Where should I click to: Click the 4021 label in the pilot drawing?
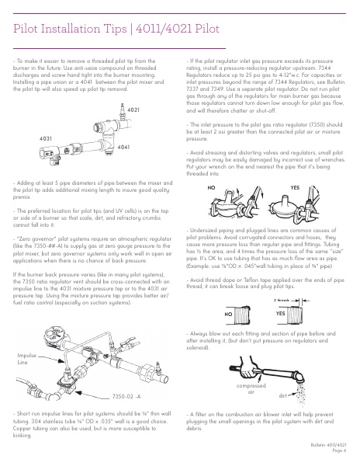tap(133, 110)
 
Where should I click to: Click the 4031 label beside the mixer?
tap(46, 138)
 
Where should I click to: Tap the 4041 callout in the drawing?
tap(123, 147)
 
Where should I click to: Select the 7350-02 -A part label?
tap(126, 396)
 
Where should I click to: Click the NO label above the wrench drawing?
tap(211, 188)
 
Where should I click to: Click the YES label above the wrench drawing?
tap(295, 187)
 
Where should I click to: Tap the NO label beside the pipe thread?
tap(228, 314)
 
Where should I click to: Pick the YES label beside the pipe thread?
tap(280, 313)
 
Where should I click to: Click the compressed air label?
tap(251, 389)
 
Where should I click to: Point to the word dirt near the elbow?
tap(283, 395)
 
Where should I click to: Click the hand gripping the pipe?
tap(249, 367)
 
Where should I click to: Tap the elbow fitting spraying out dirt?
tap(299, 376)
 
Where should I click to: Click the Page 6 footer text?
tap(339, 450)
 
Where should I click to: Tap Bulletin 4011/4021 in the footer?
tap(328, 445)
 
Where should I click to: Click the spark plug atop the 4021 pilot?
tap(123, 111)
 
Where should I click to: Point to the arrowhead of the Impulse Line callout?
tap(62, 361)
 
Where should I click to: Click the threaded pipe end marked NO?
tap(242, 315)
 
